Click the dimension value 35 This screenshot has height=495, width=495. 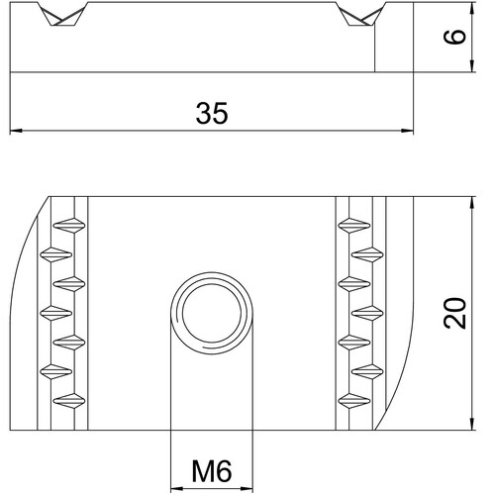212,113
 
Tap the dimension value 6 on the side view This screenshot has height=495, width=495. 454,37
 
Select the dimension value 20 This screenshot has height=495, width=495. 454,313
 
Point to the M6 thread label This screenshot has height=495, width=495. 212,471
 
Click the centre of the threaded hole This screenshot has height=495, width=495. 212,313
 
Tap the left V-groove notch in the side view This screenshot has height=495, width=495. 62,14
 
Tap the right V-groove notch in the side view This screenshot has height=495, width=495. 360,14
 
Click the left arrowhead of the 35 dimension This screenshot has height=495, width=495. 16,131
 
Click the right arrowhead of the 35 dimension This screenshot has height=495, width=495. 407,131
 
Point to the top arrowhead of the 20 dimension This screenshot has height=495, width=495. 472,203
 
